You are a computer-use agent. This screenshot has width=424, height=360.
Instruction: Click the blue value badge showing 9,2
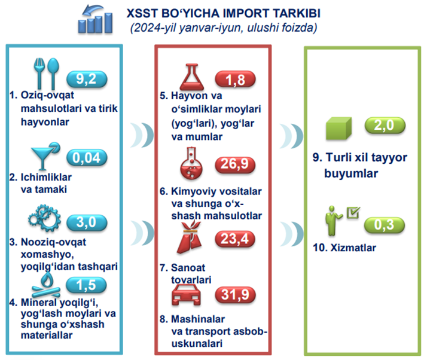click(x=87, y=80)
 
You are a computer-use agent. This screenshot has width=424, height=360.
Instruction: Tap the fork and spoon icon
click(x=46, y=74)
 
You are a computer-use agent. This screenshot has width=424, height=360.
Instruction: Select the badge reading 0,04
click(x=87, y=157)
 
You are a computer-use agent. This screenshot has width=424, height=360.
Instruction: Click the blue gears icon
click(x=45, y=218)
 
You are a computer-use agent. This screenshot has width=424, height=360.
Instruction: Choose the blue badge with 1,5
click(x=86, y=285)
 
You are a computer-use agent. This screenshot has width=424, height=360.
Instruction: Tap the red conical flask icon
click(x=192, y=77)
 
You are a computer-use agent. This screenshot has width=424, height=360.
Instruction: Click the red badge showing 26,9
click(x=235, y=164)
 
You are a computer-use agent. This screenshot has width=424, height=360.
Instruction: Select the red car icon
click(x=187, y=295)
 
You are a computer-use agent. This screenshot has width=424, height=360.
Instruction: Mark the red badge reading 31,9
click(x=235, y=295)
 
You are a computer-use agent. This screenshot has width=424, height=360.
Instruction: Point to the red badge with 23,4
click(x=235, y=239)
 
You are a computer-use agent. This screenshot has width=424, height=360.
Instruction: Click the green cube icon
click(x=339, y=128)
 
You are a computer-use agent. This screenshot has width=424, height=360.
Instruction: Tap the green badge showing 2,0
click(x=385, y=126)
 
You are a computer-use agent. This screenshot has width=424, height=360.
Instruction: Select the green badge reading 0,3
click(x=385, y=225)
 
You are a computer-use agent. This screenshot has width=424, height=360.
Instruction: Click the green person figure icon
click(x=342, y=221)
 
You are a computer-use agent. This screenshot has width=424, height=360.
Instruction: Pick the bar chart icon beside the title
click(x=95, y=19)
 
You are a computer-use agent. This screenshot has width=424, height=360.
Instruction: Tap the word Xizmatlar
click(x=353, y=248)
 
